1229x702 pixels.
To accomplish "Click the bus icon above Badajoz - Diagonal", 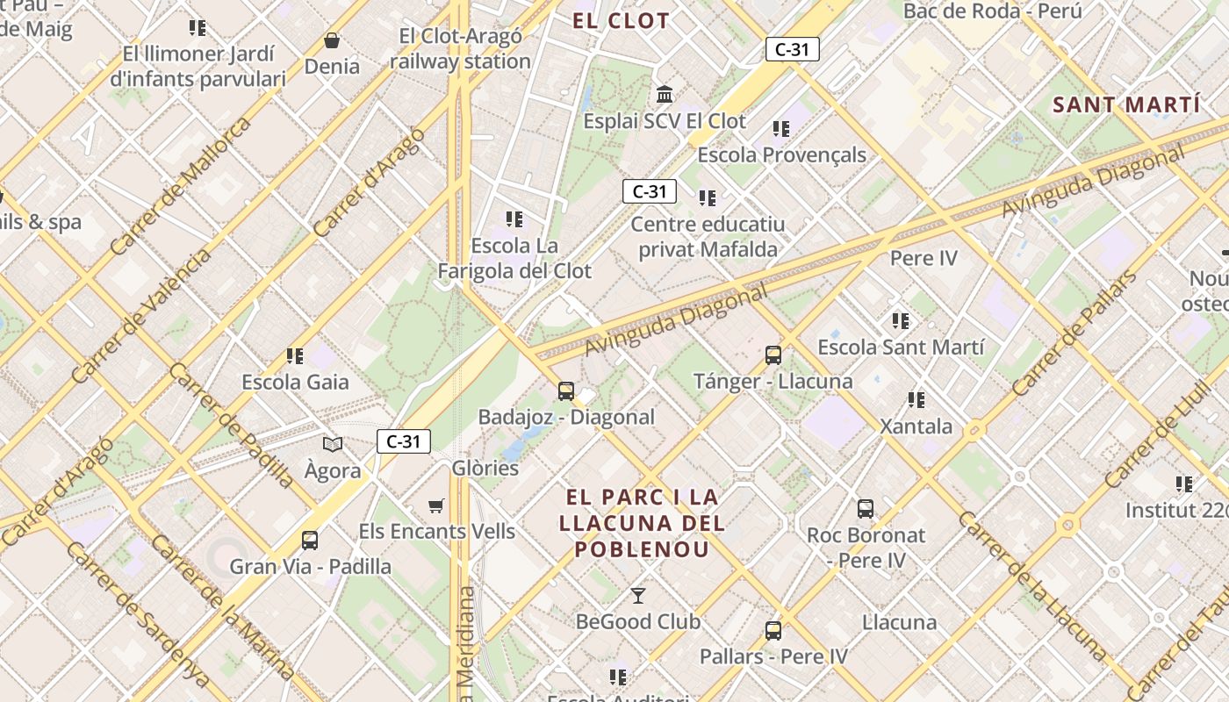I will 566,390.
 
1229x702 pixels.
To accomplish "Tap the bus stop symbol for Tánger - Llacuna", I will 773,355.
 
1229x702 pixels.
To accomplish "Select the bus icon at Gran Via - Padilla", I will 310,540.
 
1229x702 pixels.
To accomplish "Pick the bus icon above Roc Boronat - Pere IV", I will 866,508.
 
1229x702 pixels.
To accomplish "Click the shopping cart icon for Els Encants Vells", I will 436,505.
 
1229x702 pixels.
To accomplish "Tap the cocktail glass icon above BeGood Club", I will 638,596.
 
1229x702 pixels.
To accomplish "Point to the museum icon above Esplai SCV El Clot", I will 665,94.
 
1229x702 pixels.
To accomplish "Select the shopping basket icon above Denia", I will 332,40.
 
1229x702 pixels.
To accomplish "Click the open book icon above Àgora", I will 333,444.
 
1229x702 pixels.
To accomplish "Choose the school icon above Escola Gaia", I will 295,355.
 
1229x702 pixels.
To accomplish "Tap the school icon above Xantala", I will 916,400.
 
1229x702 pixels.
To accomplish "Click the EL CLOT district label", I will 621,21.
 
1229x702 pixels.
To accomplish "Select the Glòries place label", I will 485,468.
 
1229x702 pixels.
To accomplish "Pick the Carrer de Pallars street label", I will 1073,333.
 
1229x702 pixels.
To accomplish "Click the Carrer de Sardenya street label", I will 138,614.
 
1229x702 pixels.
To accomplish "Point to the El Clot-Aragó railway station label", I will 460,49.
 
